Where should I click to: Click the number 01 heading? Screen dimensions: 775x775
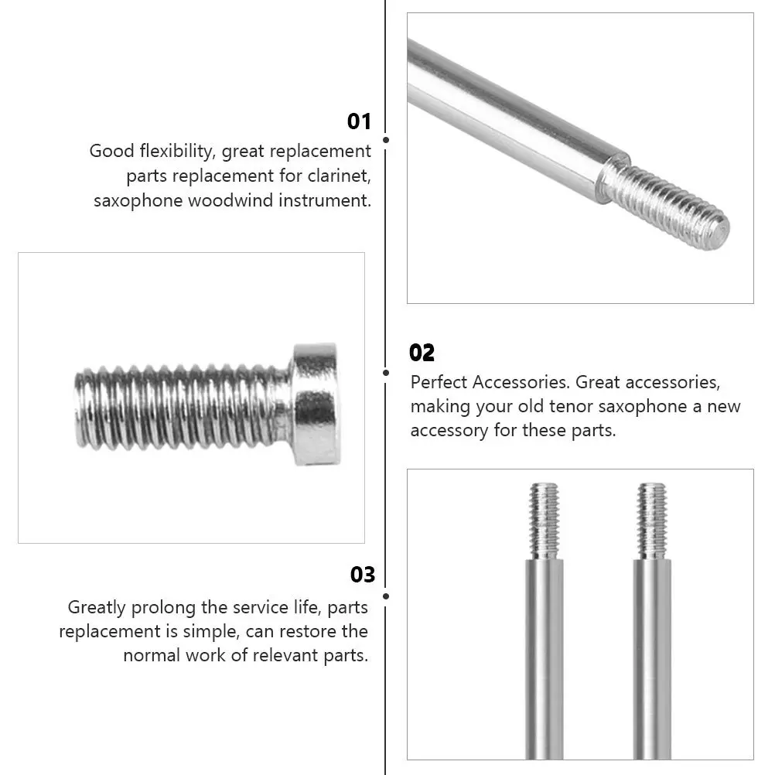click(x=359, y=121)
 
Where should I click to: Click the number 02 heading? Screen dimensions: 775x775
click(x=422, y=353)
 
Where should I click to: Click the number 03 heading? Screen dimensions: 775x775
click(x=363, y=575)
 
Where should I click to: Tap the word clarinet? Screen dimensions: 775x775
click(x=341, y=176)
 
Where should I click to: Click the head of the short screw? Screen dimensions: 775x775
click(x=315, y=405)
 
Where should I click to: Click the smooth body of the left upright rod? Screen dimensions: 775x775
click(x=545, y=657)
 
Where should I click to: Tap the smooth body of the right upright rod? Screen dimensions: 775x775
click(x=652, y=657)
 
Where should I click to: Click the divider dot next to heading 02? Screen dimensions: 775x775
click(x=386, y=373)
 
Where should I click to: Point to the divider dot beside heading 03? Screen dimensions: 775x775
click(x=386, y=596)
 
